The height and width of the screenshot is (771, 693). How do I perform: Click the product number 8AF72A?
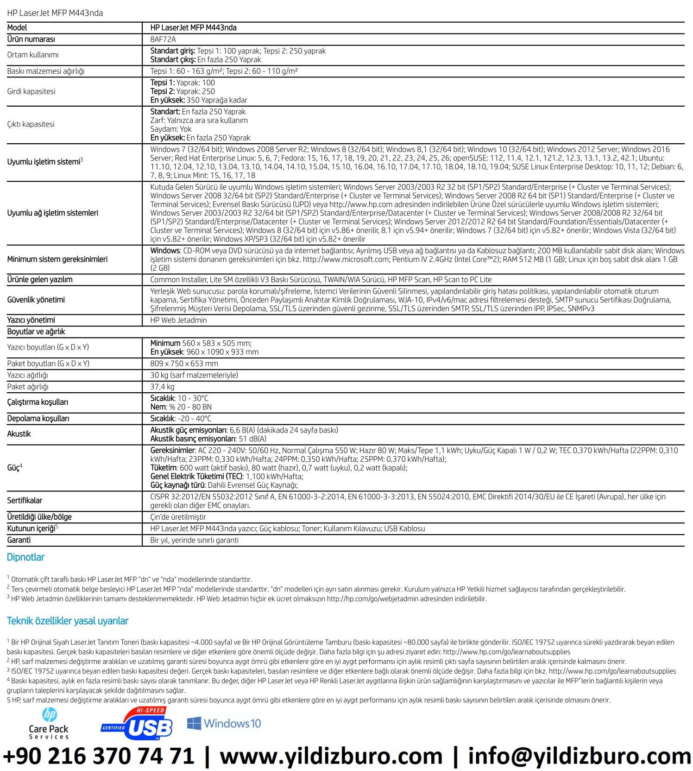point(163,39)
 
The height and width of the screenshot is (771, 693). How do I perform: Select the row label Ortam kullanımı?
point(33,55)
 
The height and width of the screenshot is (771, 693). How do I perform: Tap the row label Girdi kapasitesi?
point(31,91)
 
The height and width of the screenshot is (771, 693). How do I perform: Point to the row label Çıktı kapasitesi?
point(31,124)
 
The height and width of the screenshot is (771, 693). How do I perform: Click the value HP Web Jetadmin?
point(178,320)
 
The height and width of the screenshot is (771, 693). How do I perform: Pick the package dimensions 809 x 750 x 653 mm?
point(184,363)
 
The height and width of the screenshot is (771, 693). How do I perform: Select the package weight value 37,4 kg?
point(162,387)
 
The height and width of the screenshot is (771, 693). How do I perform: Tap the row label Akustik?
point(19,434)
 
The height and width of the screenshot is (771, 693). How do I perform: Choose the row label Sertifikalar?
point(25,500)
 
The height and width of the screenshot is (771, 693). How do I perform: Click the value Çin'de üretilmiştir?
point(178,517)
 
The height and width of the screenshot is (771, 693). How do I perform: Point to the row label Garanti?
point(19,540)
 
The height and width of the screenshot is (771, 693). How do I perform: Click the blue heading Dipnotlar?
point(25,557)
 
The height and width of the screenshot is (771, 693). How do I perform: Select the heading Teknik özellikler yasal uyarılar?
point(68,621)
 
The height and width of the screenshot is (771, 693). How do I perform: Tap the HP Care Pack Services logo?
point(49,724)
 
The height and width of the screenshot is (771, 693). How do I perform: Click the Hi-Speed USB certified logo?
point(137,724)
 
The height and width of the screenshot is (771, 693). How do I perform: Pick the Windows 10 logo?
point(224,724)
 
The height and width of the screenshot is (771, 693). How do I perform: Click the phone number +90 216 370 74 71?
point(99,756)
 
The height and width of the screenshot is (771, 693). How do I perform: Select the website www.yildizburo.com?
point(331,756)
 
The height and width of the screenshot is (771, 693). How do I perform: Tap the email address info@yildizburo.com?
point(579,756)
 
